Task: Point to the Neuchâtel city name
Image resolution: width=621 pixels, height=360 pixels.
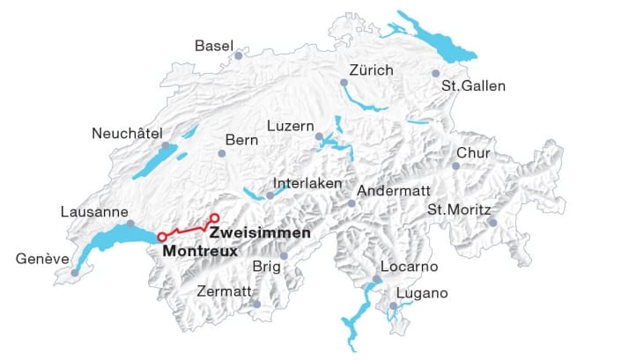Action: (128, 134)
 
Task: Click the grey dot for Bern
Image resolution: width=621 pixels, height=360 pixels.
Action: (222, 154)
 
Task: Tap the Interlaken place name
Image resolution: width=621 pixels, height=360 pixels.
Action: (307, 184)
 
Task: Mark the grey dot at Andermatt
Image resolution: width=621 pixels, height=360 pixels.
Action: (351, 204)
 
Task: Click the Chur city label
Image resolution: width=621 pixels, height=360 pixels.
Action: (474, 154)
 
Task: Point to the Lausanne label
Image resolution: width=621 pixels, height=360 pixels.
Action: (94, 212)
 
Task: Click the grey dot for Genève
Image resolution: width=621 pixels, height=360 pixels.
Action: (75, 273)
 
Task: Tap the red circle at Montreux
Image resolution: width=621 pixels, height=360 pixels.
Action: (161, 237)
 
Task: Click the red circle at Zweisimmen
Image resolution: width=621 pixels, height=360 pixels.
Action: (213, 217)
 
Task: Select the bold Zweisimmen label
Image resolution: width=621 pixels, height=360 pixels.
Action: (259, 233)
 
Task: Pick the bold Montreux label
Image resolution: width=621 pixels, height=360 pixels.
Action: (200, 251)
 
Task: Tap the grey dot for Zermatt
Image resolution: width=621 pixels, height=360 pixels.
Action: (256, 305)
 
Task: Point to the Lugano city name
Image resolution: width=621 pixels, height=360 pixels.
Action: (423, 293)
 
